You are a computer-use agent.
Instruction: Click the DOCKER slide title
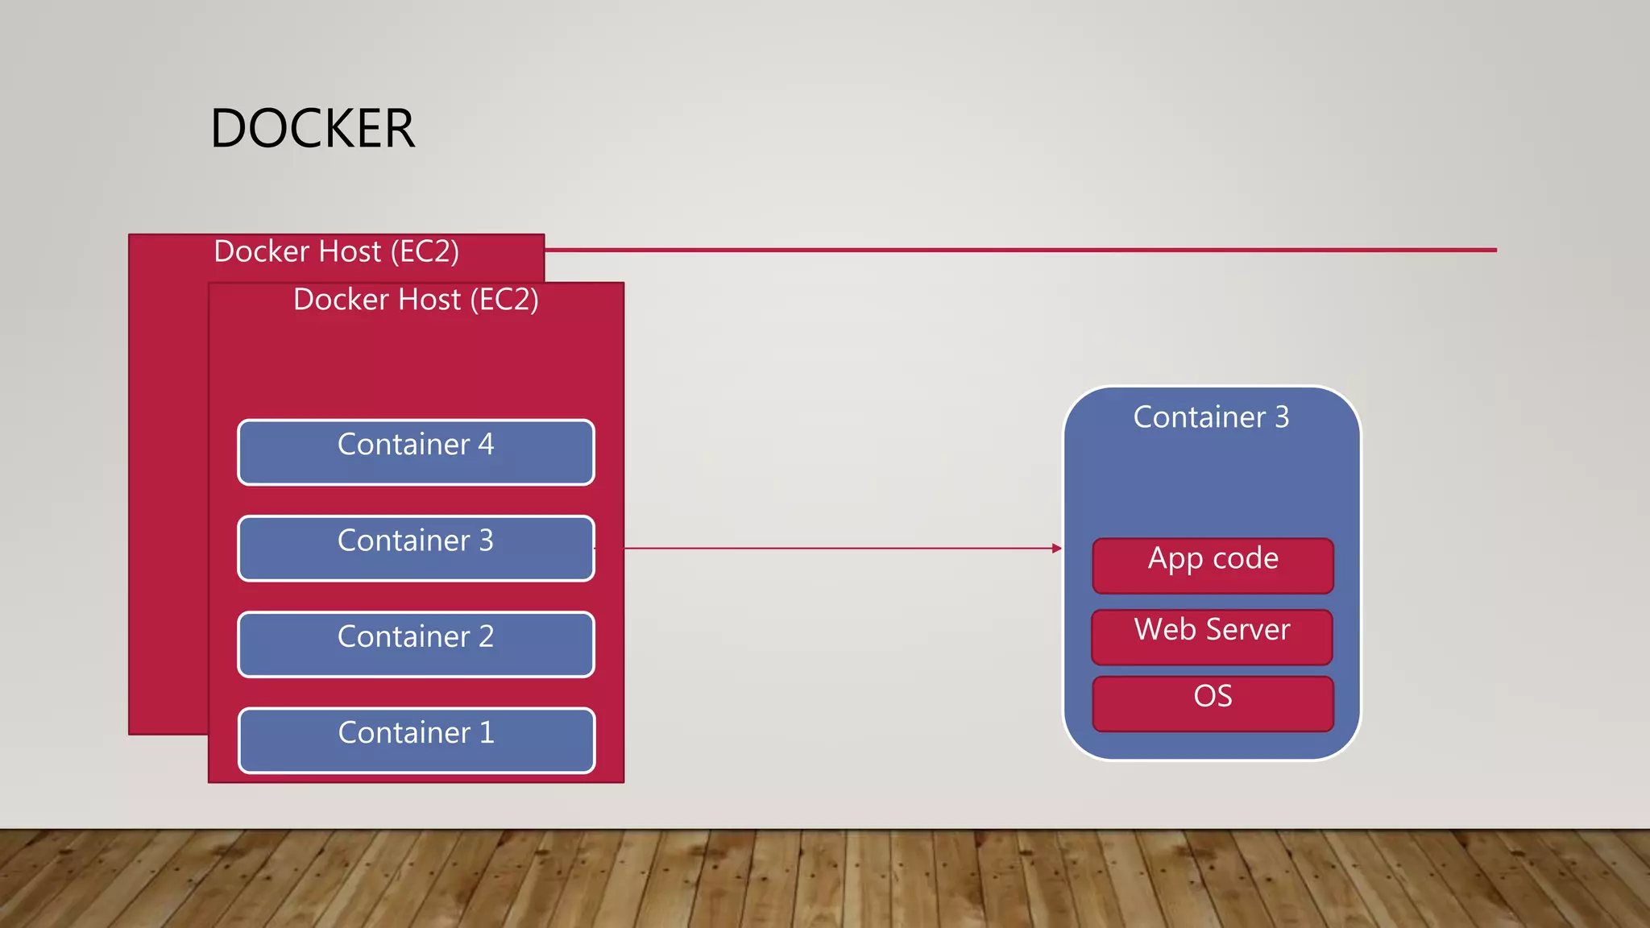(313, 129)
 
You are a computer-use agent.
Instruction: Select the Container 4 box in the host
(416, 453)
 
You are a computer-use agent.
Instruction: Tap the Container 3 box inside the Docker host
(416, 549)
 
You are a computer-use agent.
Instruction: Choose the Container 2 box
(416, 644)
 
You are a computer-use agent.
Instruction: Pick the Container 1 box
(416, 740)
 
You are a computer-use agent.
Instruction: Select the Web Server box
(1212, 637)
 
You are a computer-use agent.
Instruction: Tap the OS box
(1213, 704)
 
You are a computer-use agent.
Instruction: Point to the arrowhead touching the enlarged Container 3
(1057, 549)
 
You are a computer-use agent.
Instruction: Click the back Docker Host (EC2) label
(336, 251)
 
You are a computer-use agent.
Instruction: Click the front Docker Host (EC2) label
(416, 300)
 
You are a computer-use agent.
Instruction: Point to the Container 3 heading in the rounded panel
(1211, 417)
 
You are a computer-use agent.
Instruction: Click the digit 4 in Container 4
(486, 445)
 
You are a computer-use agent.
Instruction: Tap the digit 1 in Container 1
(487, 733)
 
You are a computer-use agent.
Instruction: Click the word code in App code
(1246, 558)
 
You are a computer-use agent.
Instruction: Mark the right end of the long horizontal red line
(1495, 250)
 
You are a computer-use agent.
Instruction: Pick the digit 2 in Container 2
(486, 637)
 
